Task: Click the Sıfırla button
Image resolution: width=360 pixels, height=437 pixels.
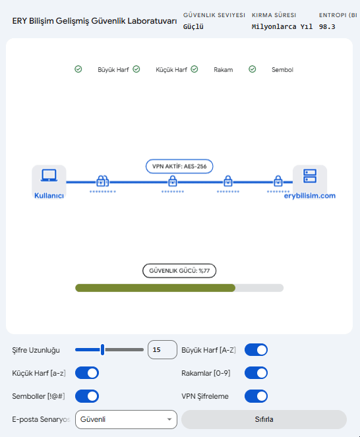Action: coord(264,419)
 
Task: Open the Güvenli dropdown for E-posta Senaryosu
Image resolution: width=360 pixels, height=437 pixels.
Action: coord(126,419)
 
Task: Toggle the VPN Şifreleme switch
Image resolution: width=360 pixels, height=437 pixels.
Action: coord(256,396)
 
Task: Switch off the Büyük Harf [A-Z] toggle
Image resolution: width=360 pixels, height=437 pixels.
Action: coord(256,350)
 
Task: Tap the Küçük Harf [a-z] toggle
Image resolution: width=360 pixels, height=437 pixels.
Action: coord(87,373)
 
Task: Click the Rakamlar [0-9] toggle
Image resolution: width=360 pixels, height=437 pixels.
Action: coord(256,373)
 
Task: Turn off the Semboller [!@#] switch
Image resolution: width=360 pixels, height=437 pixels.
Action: coord(87,396)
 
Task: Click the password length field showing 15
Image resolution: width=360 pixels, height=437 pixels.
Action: coord(162,349)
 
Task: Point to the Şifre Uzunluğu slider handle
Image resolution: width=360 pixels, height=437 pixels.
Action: coord(103,349)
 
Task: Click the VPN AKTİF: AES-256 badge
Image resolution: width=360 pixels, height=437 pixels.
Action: coord(179,166)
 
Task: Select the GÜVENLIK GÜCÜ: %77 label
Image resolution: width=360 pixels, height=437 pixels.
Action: coord(179,271)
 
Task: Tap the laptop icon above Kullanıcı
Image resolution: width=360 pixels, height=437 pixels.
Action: coord(49,175)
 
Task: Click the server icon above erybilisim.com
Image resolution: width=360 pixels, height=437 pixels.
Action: coord(310,176)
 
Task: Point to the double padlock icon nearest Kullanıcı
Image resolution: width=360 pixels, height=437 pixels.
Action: coord(102,181)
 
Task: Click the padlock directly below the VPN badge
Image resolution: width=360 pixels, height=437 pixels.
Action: coord(173,181)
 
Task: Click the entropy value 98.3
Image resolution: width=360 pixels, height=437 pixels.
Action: coord(327,27)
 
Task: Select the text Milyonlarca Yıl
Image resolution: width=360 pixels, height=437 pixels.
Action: coord(282,27)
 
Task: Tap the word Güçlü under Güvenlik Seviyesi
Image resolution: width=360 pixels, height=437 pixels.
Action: coord(193,27)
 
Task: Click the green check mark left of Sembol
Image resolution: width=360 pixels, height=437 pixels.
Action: coord(253,69)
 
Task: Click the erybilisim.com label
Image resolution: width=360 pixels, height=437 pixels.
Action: coord(309,196)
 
